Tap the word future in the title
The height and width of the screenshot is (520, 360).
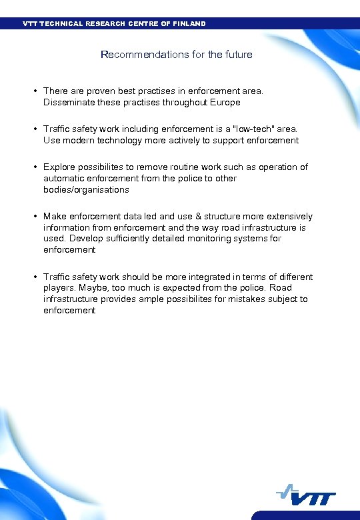click(238, 55)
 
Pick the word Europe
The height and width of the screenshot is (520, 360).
click(226, 102)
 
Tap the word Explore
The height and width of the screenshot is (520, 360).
click(59, 167)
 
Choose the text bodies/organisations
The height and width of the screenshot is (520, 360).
click(86, 189)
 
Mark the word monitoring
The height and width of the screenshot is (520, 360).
click(215, 239)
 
